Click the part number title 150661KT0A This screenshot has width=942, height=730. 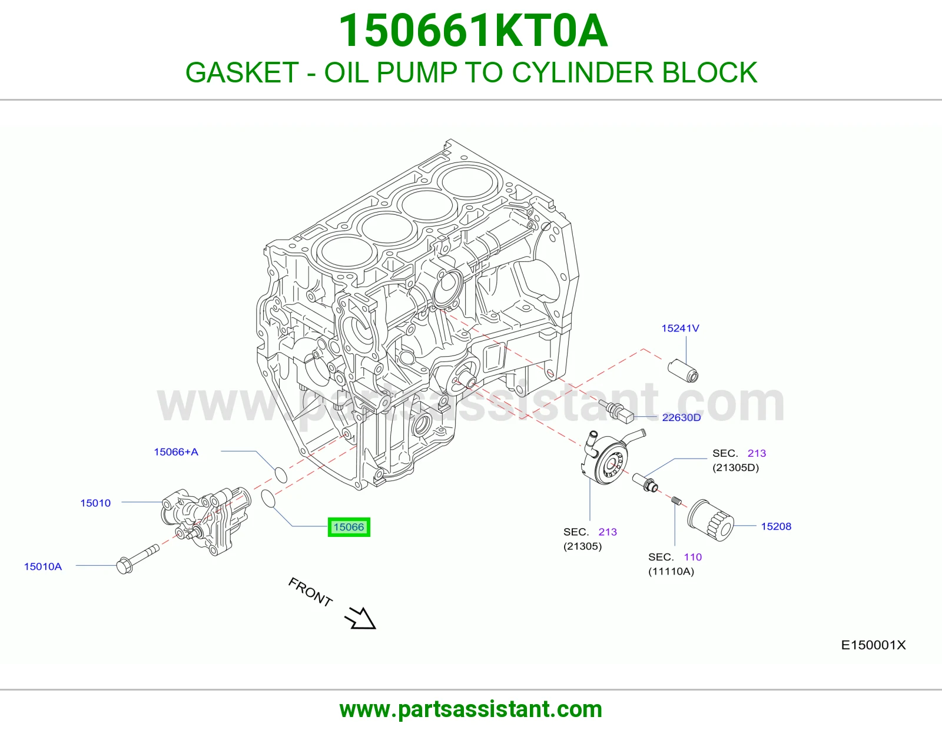473,31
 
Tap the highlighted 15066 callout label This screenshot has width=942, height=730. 349,527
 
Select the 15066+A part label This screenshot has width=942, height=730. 176,452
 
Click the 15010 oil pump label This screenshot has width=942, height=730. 95,503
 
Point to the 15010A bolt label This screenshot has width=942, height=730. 43,566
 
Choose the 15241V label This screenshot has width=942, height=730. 680,328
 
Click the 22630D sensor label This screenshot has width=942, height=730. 681,417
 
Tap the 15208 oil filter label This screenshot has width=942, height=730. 776,526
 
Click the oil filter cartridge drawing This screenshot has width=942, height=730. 711,520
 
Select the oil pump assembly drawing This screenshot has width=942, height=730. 206,520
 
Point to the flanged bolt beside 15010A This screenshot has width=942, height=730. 138,560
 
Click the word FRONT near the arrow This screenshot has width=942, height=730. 310,592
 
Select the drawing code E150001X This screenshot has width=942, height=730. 873,645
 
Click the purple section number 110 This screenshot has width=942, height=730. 693,557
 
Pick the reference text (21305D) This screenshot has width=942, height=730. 736,467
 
